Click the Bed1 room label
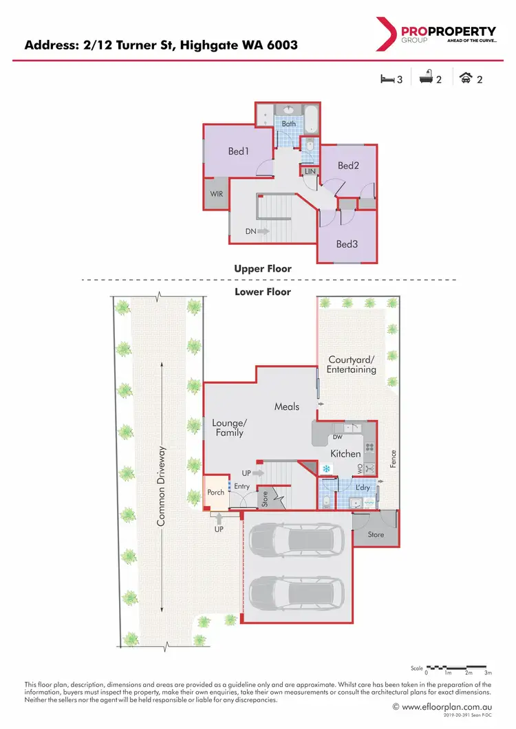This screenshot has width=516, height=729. [x=238, y=151]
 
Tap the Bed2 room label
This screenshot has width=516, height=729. [x=348, y=166]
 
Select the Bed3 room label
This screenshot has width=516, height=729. [x=347, y=243]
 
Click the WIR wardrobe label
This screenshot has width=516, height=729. [x=215, y=195]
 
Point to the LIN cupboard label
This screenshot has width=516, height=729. [x=310, y=171]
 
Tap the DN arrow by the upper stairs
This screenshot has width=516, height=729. [x=257, y=232]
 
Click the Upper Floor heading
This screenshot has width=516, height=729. [x=262, y=269]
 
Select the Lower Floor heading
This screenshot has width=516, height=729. [x=262, y=292]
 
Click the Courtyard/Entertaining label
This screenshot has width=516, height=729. [x=352, y=364]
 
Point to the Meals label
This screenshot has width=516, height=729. [x=287, y=406]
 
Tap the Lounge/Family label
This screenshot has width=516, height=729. [x=228, y=428]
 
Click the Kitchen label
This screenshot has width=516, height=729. [x=345, y=454]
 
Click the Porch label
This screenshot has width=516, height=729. [x=217, y=492]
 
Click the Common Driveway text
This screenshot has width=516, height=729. [x=162, y=486]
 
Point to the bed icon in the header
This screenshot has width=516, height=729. [x=387, y=79]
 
